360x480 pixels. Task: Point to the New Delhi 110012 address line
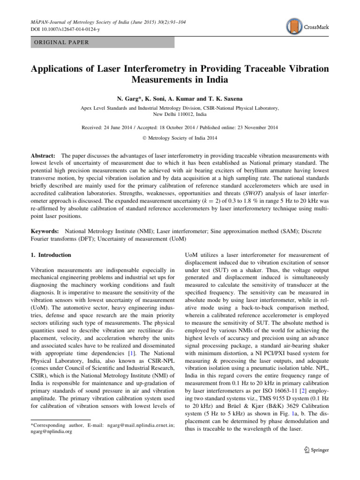180,114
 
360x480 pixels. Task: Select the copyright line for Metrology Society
180,137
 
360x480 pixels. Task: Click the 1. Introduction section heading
51,255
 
